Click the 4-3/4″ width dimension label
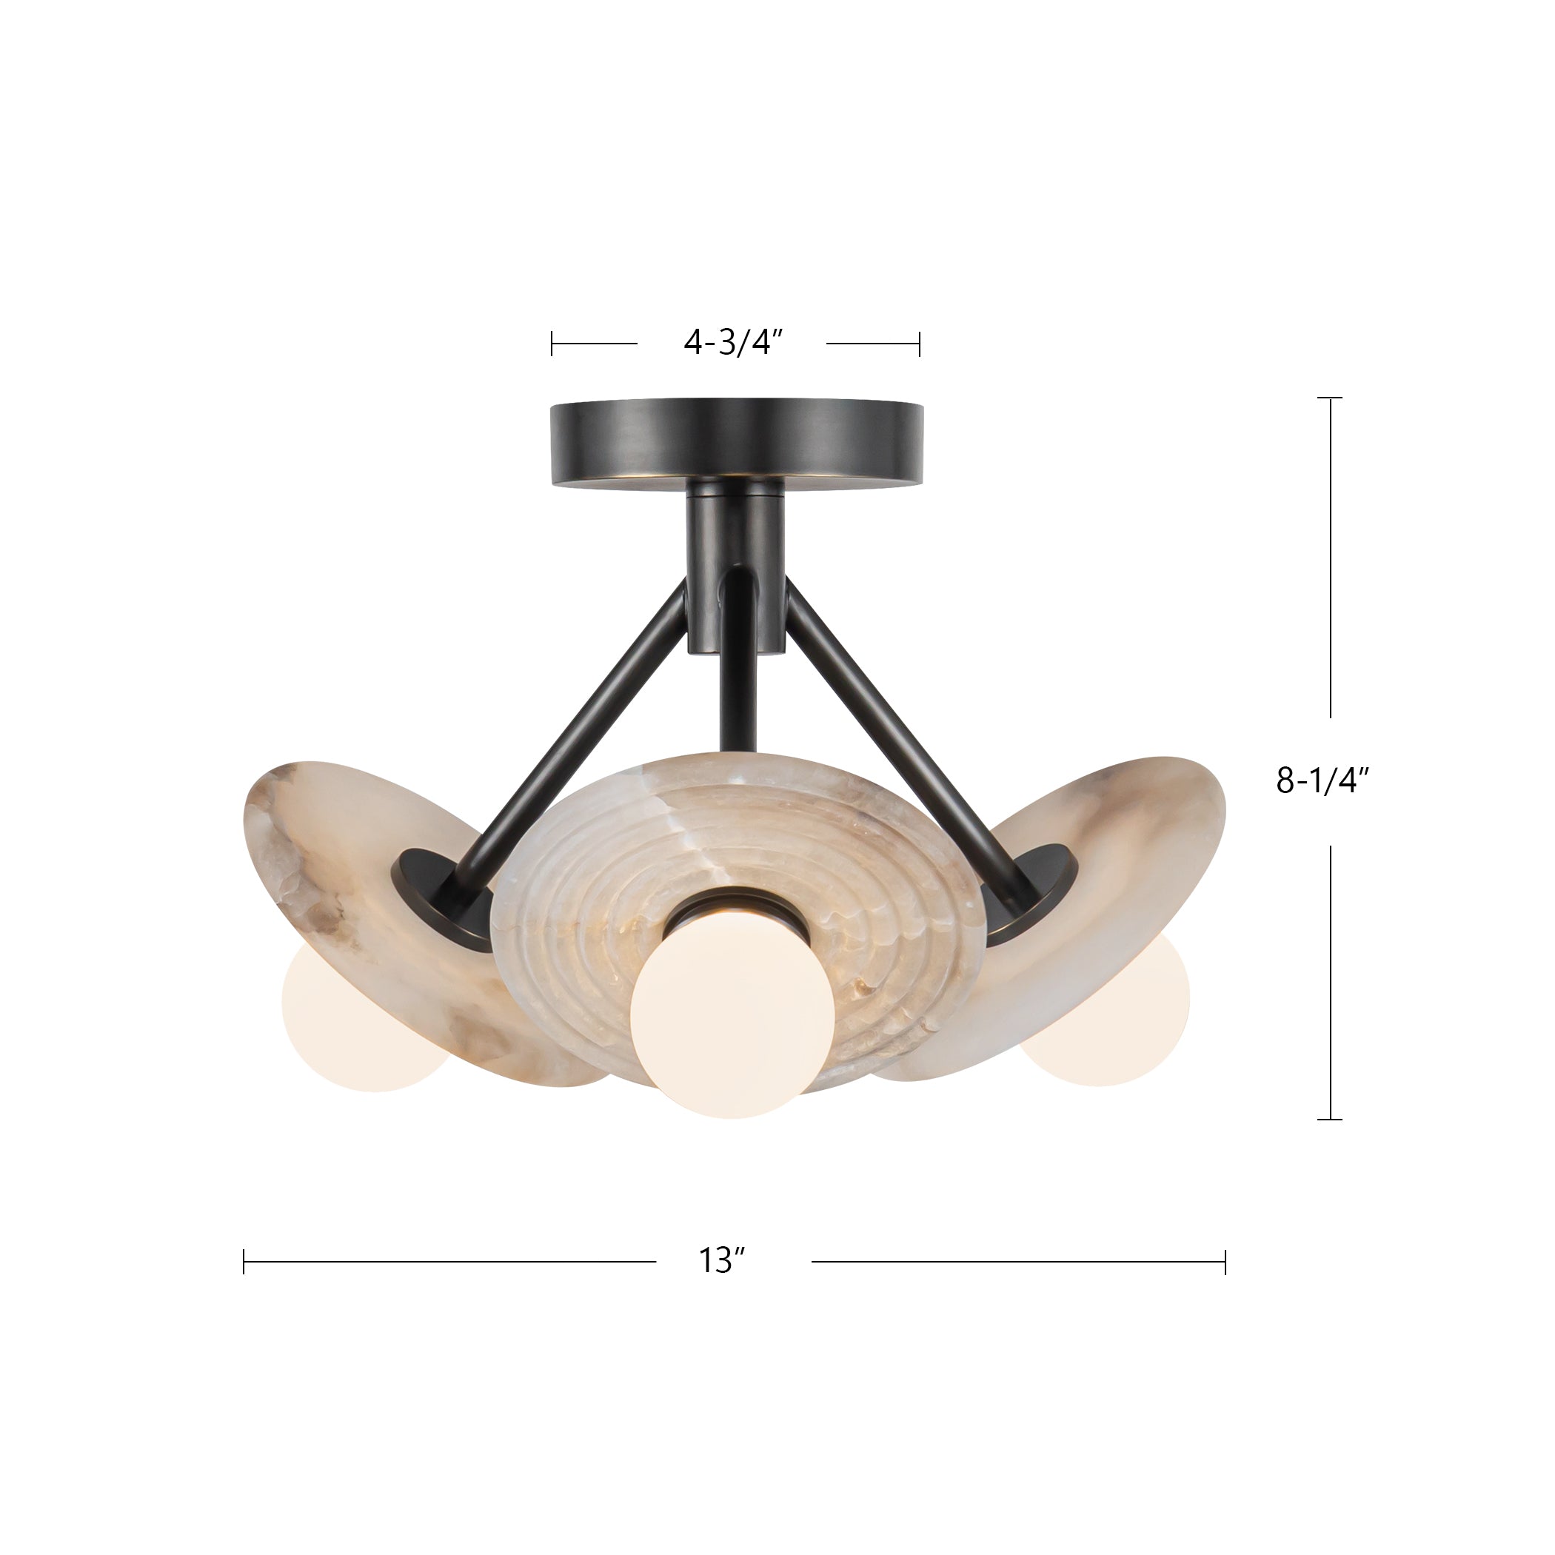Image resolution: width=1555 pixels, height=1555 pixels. pos(732,343)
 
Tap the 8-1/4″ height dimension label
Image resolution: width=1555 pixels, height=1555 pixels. pos(1322,780)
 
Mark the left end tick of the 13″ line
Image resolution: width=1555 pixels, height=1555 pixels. pos(244,1261)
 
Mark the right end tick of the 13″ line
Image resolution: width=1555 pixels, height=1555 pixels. pos(1225,1261)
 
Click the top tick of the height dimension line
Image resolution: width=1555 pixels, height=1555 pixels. pos(1329,398)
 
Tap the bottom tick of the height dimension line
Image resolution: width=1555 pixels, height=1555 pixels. pos(1329,1119)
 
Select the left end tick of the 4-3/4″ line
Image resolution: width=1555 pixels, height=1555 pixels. pos(552,344)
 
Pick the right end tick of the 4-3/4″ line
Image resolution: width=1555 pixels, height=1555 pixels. pos(919,344)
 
